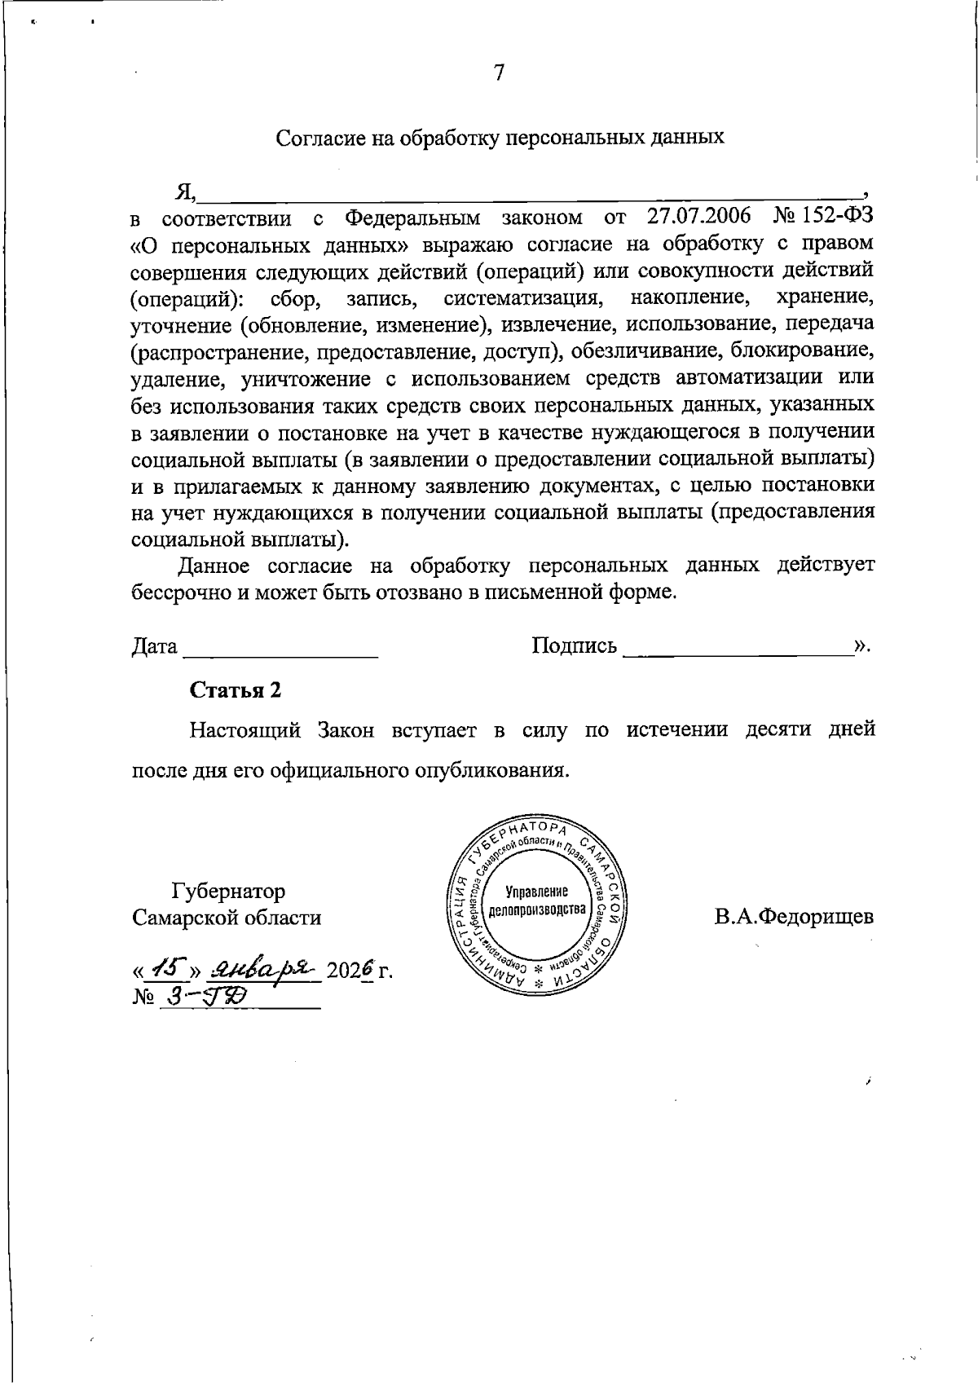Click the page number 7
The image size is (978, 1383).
[499, 73]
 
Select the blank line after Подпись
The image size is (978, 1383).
[736, 649]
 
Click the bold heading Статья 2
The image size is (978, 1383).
[236, 690]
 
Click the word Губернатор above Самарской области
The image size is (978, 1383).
[228, 891]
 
